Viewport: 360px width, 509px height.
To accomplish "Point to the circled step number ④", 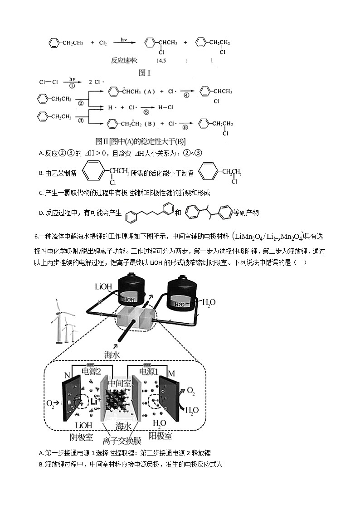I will pos(186,95).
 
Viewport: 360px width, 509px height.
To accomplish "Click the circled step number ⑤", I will pos(146,111).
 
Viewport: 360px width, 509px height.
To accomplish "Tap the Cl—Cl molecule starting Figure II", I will pos(49,82).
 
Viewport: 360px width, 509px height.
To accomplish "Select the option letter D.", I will pos(41,213).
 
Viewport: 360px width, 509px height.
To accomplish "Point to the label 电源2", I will pos(92,372).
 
